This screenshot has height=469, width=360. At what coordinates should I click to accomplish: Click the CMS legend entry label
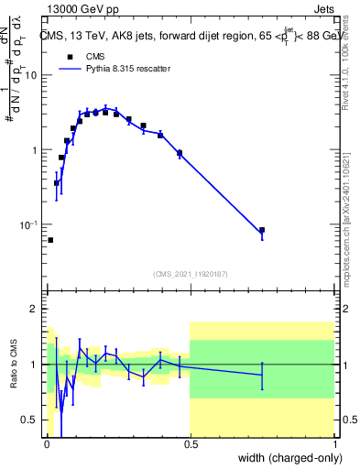point(93,57)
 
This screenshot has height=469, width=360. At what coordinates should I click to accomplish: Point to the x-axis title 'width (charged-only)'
point(289,457)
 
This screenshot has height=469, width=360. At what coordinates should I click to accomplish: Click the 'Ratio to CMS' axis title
point(14,365)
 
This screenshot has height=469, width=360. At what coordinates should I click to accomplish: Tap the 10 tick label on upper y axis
point(31,75)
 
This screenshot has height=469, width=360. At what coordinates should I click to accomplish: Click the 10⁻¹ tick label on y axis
point(29,224)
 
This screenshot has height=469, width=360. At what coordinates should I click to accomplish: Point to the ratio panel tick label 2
point(37,309)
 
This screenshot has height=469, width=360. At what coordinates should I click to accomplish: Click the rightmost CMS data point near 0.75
point(262,230)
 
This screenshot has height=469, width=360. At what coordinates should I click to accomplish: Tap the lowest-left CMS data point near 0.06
point(50,240)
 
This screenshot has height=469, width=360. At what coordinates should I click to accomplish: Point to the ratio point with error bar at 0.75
point(262,374)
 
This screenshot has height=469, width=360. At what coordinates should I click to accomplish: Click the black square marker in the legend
point(70,57)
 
